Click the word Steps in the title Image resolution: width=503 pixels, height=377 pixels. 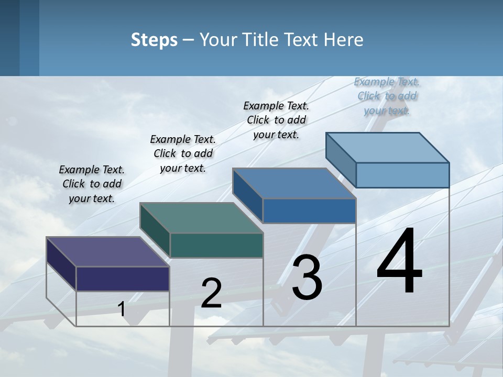pos(154,40)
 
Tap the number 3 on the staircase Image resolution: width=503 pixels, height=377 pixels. pos(307,277)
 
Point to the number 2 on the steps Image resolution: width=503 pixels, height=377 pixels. pos(212,293)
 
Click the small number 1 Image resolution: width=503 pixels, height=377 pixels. pos(122,309)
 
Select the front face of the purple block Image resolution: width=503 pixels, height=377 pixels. pos(123,279)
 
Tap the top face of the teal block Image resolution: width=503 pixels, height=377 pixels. pos(201,218)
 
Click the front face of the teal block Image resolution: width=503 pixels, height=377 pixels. pos(216,245)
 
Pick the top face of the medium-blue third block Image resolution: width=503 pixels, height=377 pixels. pos(293,183)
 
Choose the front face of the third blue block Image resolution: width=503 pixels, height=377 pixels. pos(309,210)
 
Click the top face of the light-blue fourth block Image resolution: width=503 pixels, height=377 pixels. pos(387,148)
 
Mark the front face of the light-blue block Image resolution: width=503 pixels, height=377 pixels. pos(402,175)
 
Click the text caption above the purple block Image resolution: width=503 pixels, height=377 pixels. pos(92,184)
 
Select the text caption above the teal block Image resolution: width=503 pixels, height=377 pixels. pos(183,153)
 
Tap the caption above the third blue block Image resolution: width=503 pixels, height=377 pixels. pos(276,120)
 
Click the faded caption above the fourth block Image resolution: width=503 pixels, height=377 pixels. pos(387,96)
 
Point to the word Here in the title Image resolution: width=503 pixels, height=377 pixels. pos(344,40)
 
